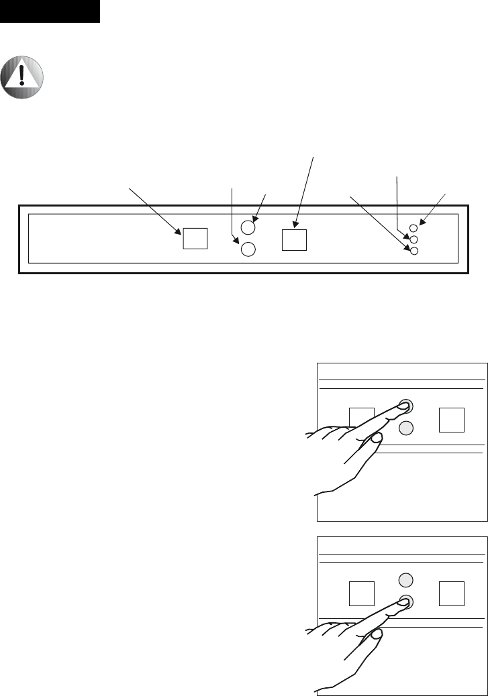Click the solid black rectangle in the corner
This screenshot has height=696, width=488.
[x=50, y=11]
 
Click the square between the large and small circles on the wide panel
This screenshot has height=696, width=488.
[x=293, y=239]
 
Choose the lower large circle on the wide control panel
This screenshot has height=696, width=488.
[x=248, y=249]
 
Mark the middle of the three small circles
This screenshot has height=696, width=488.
[x=414, y=239]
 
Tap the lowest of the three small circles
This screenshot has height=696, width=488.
[x=414, y=251]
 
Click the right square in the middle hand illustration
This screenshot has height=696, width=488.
[x=450, y=419]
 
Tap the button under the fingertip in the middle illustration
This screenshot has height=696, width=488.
[x=405, y=406]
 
